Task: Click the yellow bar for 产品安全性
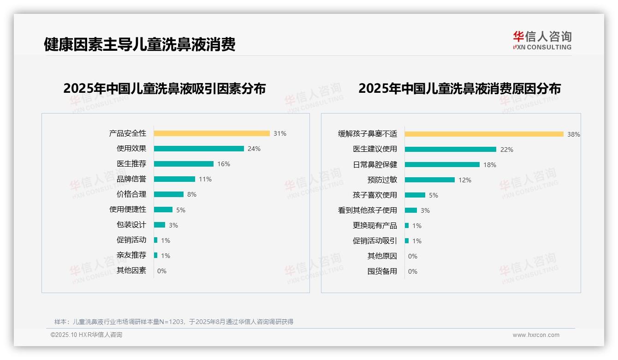tap(212, 133)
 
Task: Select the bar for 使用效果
tap(199, 149)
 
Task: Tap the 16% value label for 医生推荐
tap(224, 164)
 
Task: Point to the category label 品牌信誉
tap(131, 179)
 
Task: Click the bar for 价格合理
tap(169, 194)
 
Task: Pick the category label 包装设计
tap(131, 225)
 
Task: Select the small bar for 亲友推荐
tap(156, 255)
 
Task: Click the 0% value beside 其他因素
tap(162, 271)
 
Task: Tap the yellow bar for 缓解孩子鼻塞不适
tap(484, 134)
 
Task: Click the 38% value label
tap(574, 134)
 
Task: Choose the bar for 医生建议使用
tap(451, 150)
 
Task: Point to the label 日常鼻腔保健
tap(375, 165)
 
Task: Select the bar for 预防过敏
tap(430, 180)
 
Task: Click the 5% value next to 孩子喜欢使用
tap(434, 195)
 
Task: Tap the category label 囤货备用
tap(382, 271)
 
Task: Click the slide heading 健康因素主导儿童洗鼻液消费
tap(140, 44)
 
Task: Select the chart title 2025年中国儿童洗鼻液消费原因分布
tap(459, 88)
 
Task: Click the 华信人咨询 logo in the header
tap(542, 40)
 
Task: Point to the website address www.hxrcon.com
tap(536, 335)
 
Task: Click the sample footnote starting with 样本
tap(174, 322)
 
